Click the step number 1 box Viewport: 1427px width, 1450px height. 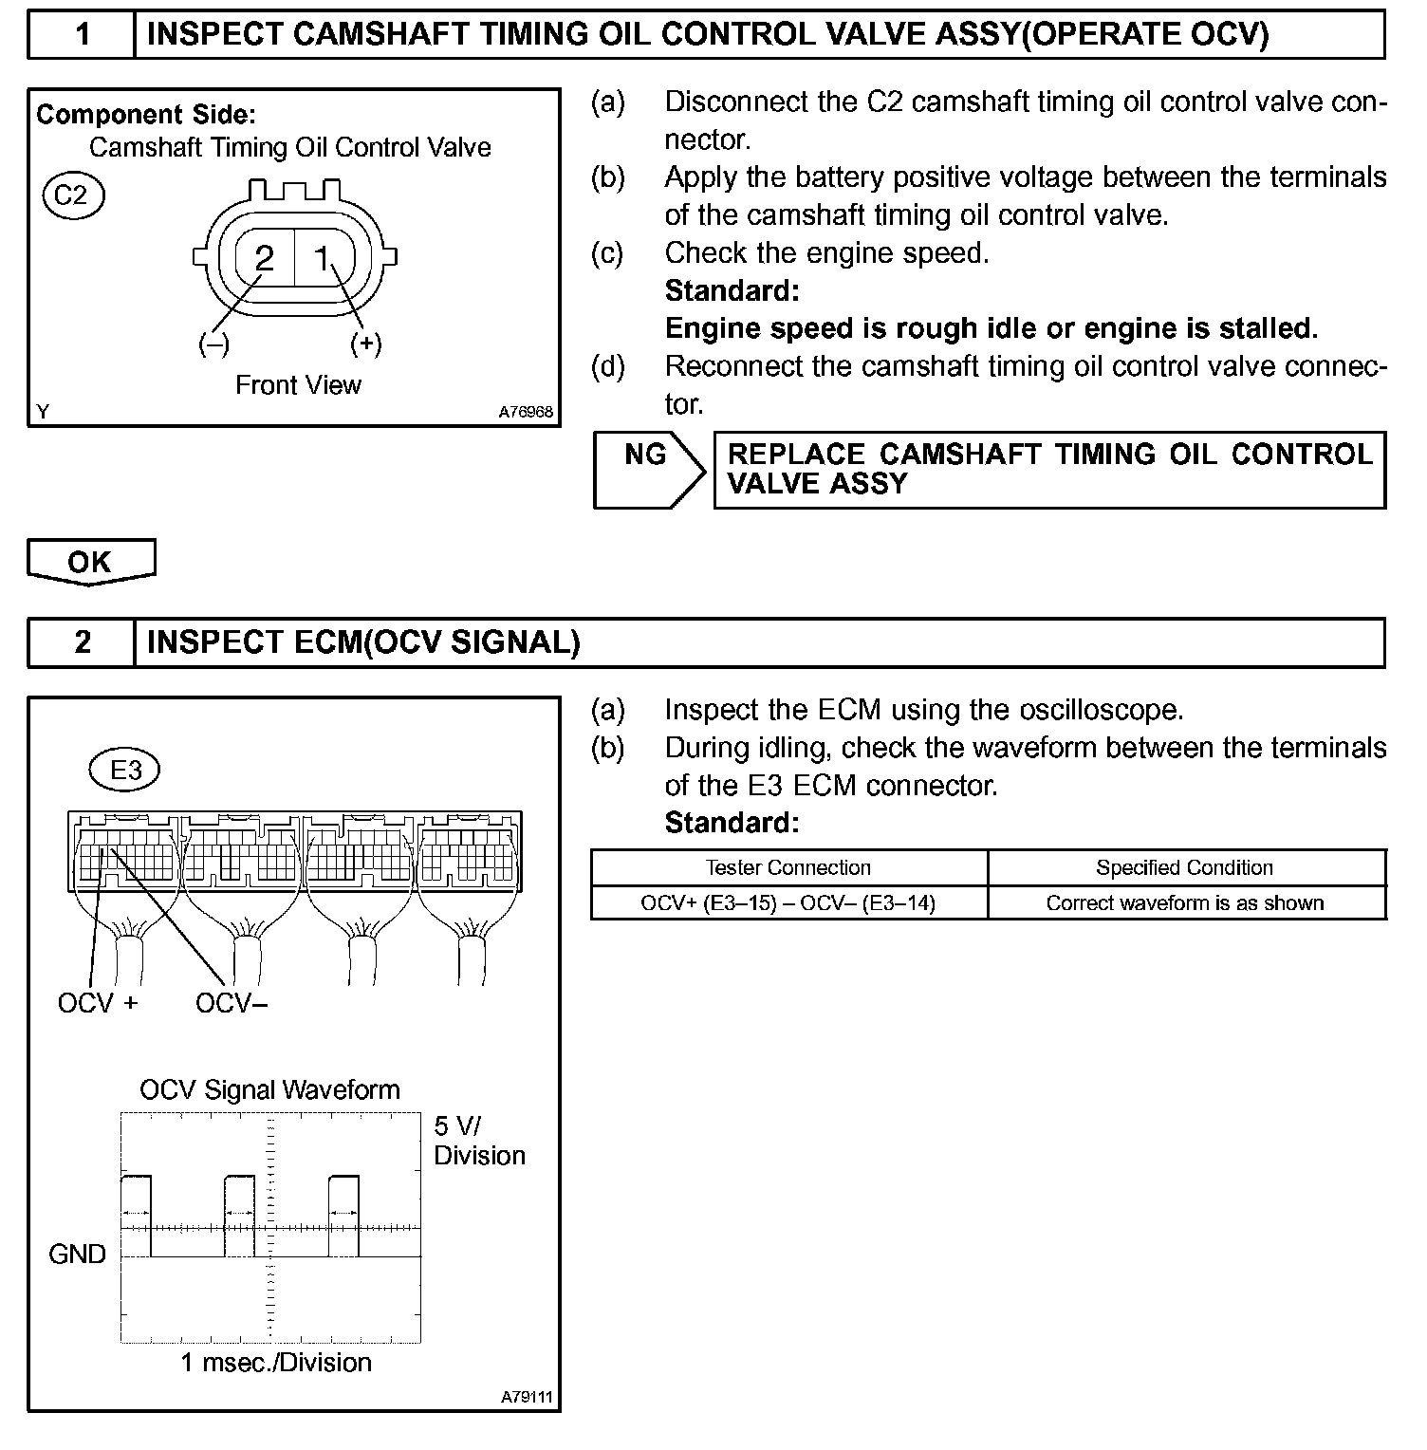pos(82,35)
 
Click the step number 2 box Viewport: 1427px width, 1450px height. pos(82,642)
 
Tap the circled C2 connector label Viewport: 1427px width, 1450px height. pos(72,195)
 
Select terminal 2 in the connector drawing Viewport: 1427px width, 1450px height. pos(265,257)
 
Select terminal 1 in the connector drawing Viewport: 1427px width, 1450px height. pos(323,257)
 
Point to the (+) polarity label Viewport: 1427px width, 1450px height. pos(366,344)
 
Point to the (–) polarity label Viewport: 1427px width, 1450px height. pos(213,344)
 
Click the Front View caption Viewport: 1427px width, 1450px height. pos(298,385)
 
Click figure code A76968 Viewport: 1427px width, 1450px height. pos(526,413)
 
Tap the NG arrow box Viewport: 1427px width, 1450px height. pos(648,470)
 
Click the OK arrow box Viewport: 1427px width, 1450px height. pos(90,562)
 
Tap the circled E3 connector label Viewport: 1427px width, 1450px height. pos(125,770)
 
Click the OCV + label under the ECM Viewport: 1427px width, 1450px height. pos(98,1003)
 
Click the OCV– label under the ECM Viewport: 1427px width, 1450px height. pos(232,1003)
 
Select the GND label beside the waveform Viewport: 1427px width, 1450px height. pos(77,1255)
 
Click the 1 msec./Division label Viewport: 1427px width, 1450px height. pos(276,1363)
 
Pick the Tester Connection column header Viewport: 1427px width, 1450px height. pos(788,867)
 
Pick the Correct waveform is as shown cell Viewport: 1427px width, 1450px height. pos(1185,902)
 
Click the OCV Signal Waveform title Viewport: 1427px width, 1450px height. pos(269,1089)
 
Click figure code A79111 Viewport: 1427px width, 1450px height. pos(527,1397)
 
